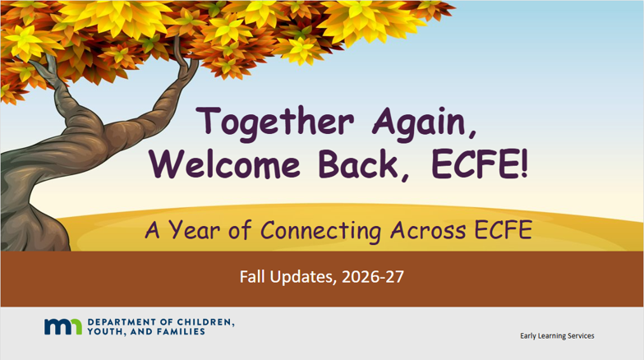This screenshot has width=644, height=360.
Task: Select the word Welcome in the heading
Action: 225,164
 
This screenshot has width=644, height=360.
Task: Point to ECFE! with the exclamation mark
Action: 480,164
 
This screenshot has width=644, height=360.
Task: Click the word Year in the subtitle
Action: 194,230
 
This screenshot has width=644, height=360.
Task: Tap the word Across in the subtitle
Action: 428,230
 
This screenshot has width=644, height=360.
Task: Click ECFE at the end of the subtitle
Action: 504,230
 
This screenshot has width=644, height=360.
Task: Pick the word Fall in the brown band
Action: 252,276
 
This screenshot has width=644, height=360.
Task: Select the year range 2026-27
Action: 373,277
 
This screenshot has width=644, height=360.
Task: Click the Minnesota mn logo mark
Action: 63,327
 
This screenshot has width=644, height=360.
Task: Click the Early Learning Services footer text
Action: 557,335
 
